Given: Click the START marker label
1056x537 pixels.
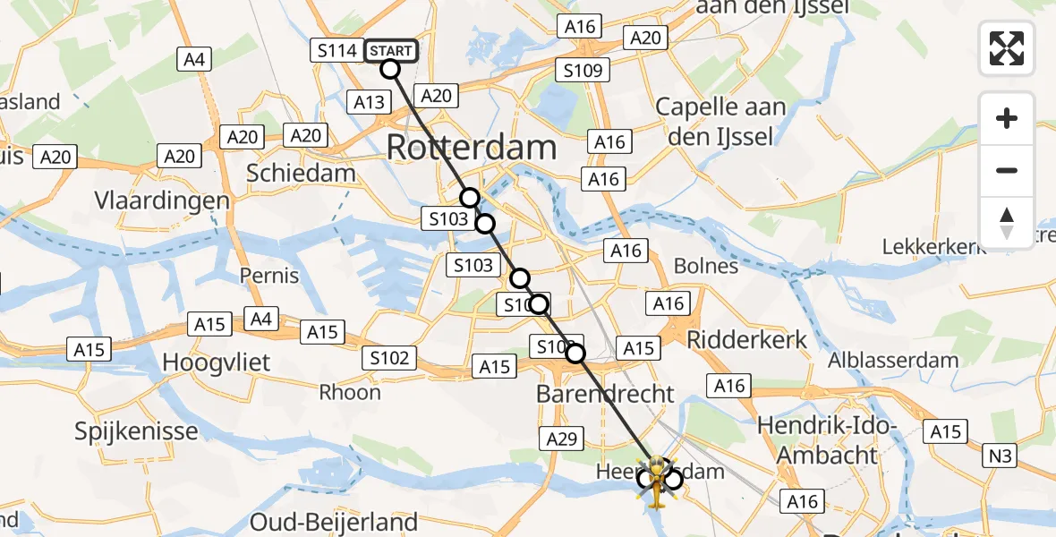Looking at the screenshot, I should pos(391,50).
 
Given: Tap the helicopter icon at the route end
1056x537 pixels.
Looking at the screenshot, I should pos(658,483).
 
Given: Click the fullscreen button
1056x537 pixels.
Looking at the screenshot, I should pos(1007,48).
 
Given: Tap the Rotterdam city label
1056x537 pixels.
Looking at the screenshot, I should pos(472,148).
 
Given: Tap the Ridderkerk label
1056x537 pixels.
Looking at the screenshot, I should pos(746,340).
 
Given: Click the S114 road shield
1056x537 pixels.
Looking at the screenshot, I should pos(337,50).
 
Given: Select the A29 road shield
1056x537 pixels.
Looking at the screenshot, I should pos(562,438).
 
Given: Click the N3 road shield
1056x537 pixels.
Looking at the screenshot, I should pos(1001,457).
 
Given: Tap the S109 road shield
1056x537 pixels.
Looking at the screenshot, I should pos(582,70).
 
